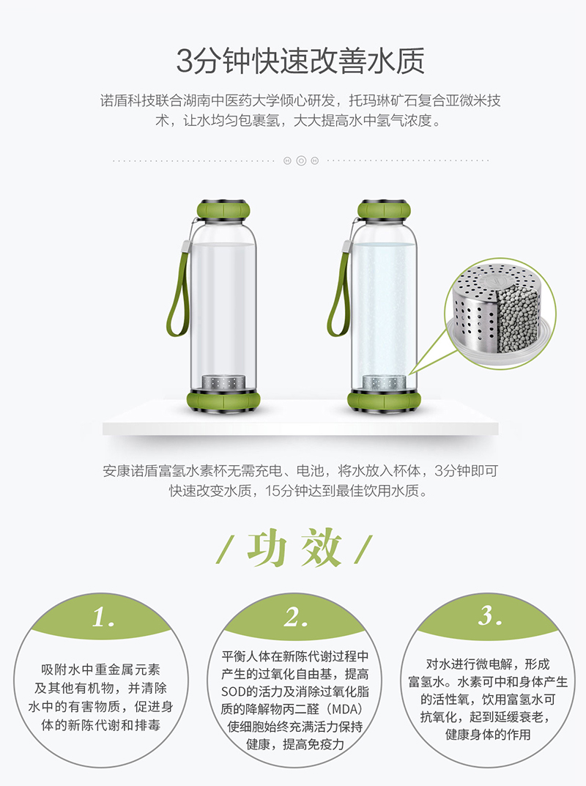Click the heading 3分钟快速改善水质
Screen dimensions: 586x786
click(x=300, y=61)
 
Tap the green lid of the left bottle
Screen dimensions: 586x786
click(x=223, y=209)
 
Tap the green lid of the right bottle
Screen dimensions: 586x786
click(x=384, y=209)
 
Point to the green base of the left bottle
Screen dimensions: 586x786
click(x=223, y=401)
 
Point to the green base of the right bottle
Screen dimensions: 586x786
click(x=384, y=401)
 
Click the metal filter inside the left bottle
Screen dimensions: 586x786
click(x=223, y=382)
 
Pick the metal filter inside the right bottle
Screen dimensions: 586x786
click(x=384, y=382)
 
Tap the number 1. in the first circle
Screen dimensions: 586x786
click(x=103, y=617)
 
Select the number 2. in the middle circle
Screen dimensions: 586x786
click(x=296, y=617)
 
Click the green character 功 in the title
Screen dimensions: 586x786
click(x=267, y=549)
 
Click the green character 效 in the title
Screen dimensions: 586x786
click(x=322, y=549)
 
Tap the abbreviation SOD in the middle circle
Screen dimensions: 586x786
click(x=233, y=692)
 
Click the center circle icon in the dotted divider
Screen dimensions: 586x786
click(x=301, y=161)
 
